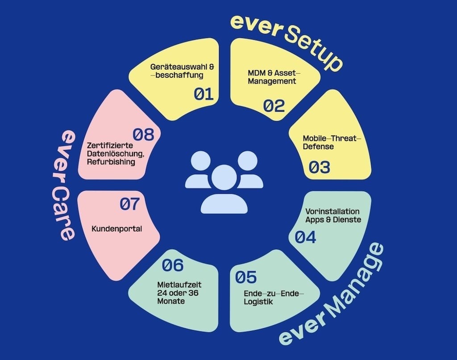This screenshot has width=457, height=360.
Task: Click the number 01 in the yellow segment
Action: click(204, 94)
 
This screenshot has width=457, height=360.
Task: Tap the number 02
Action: click(274, 105)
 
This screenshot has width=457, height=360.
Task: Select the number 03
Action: click(320, 167)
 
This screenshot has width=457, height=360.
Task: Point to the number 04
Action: click(305, 237)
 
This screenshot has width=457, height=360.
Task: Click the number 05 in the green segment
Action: click(246, 277)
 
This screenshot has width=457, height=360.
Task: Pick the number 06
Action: click(173, 265)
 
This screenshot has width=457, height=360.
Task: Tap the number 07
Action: click(130, 204)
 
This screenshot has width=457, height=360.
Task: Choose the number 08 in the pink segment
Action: click(143, 134)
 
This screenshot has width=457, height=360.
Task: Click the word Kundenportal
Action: click(117, 229)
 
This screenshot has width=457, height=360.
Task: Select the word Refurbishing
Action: click(111, 162)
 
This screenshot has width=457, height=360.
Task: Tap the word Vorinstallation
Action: click(332, 211)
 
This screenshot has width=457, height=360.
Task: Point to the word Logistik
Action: click(258, 301)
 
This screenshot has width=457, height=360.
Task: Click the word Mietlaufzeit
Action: click(179, 285)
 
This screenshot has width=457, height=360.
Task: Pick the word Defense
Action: click(318, 147)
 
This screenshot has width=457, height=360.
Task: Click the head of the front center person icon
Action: click(224, 178)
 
